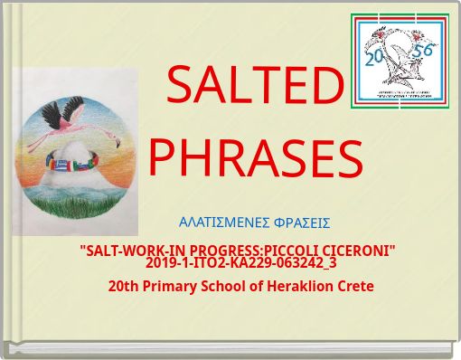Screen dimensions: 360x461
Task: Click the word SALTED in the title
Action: (256, 86)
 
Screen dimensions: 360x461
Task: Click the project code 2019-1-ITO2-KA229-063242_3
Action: (240, 263)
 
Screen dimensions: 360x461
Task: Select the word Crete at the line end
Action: (356, 286)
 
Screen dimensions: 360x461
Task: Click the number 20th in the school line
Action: (124, 286)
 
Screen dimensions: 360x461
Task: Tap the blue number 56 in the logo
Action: (422, 51)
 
